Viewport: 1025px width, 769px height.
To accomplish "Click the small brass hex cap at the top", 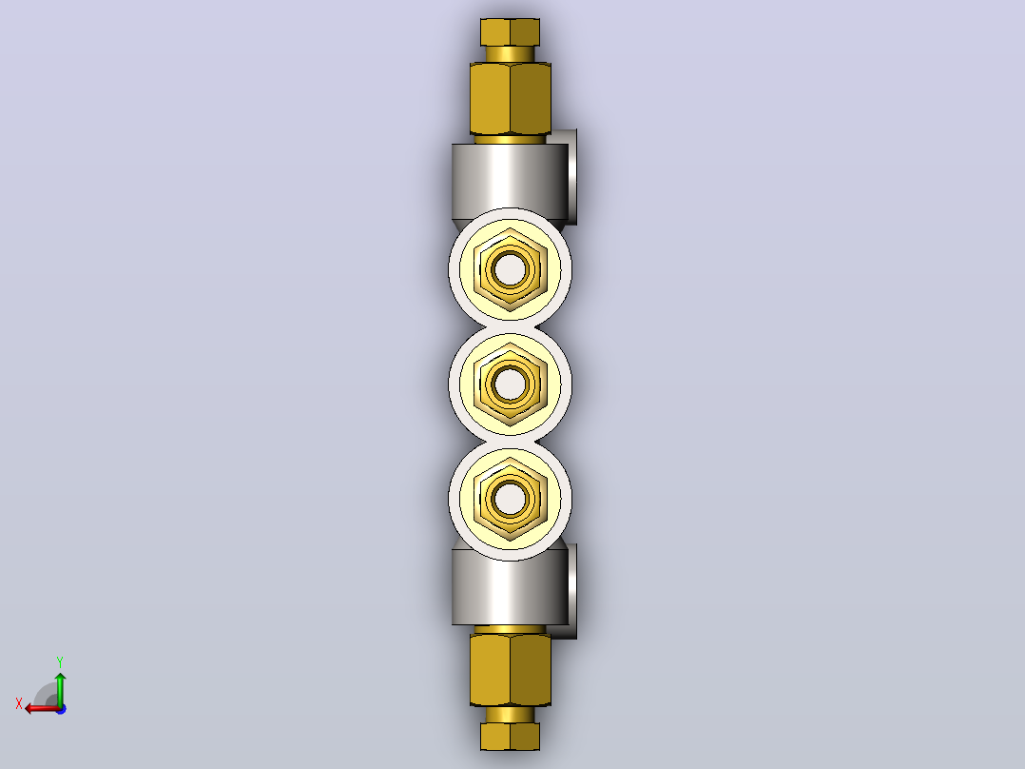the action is coord(510,32).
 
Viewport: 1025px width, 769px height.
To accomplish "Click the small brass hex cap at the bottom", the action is coord(510,737).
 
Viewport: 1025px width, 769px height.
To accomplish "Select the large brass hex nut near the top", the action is coord(510,99).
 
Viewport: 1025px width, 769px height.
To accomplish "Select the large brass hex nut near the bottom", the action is coord(510,670).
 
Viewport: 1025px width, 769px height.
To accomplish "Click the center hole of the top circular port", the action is coord(510,269).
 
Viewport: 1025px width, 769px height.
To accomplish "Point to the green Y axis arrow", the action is coord(60,689).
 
